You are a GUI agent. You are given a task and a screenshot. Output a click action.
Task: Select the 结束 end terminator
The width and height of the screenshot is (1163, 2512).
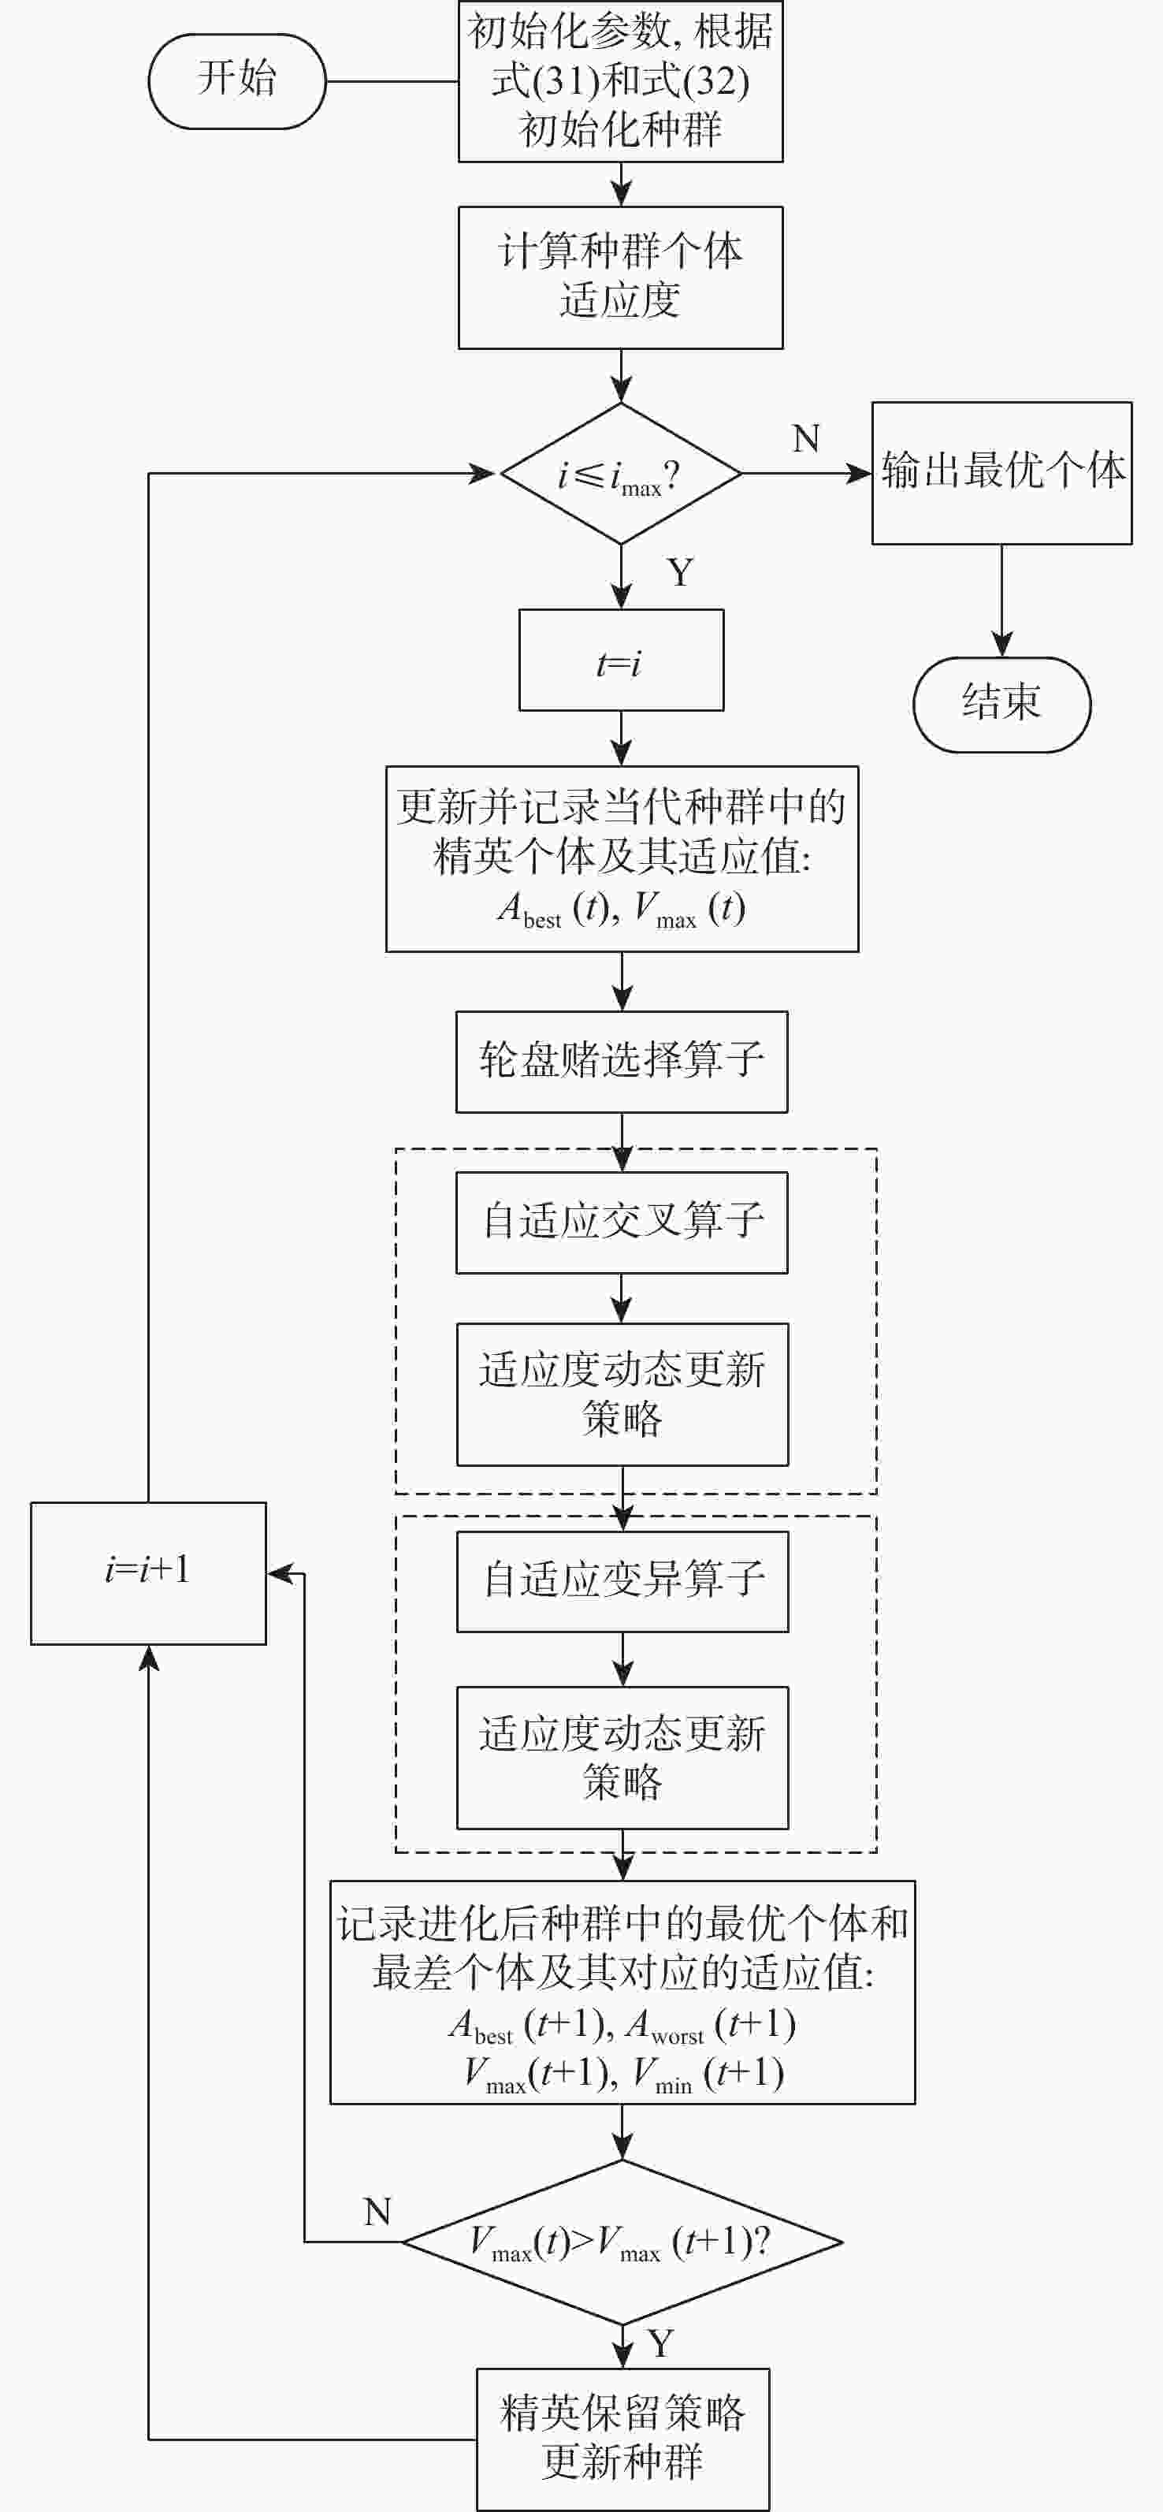(1001, 704)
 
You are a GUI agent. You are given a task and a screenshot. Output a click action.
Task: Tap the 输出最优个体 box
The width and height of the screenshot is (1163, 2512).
(1001, 473)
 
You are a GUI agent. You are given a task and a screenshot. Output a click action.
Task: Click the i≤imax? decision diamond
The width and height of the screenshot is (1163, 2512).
(621, 474)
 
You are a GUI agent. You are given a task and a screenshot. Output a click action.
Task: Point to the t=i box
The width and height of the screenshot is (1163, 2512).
(621, 661)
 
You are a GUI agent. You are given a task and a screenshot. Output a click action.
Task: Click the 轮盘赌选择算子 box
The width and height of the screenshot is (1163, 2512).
(622, 1062)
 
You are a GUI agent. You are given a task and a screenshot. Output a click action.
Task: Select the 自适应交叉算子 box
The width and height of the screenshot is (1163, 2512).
(622, 1222)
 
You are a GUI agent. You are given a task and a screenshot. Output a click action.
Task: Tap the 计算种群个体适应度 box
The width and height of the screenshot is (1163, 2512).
(621, 277)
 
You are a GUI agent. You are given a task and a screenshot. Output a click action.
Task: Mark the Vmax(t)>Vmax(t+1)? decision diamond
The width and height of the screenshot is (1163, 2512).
(622, 2242)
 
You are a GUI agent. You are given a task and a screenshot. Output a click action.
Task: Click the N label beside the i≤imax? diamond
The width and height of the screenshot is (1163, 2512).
(806, 439)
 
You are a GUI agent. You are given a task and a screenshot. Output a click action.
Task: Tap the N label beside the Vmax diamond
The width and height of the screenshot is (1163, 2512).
(377, 2212)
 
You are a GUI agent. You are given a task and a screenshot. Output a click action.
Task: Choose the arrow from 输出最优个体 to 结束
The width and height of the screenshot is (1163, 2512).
(1001, 600)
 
